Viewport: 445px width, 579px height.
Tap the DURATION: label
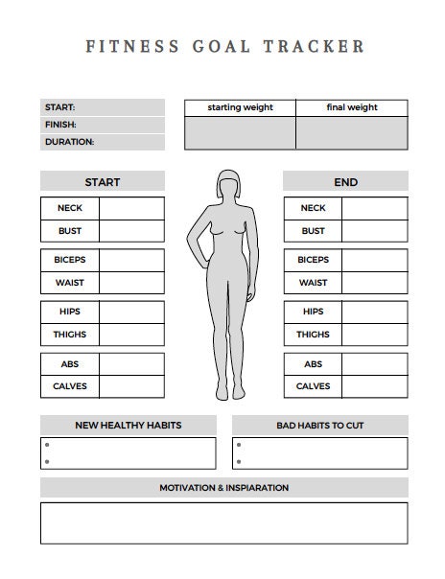click(69, 142)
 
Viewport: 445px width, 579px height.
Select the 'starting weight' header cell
click(239, 107)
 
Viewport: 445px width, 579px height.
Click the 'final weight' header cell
click(351, 107)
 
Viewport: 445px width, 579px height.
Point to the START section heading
click(103, 182)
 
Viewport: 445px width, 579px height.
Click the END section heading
click(345, 182)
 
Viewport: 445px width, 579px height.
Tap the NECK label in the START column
click(70, 208)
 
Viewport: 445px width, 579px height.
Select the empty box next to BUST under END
click(375, 231)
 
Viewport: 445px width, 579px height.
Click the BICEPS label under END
click(313, 260)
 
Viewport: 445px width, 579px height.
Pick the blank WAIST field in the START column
click(131, 283)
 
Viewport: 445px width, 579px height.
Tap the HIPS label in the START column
click(70, 312)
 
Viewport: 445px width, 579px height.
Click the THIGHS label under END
click(313, 335)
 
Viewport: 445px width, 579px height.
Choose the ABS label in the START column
click(70, 364)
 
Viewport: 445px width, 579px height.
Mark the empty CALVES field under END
click(375, 386)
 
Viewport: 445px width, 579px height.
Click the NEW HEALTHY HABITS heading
click(128, 426)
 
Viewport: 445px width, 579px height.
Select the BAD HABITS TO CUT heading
click(319, 426)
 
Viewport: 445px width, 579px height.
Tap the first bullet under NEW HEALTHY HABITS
click(46, 446)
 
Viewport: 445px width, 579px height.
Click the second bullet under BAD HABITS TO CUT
click(239, 461)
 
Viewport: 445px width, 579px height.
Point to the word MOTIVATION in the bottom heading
click(186, 488)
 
